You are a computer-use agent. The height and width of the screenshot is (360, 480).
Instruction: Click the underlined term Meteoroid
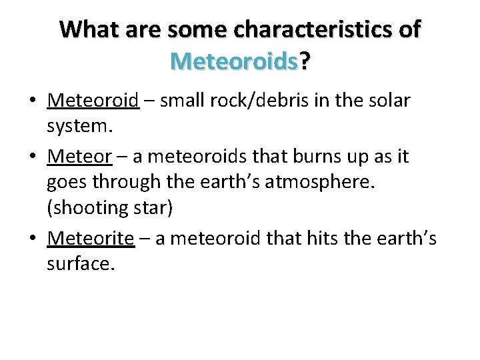(x=93, y=101)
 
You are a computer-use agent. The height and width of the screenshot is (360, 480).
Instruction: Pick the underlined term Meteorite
(x=91, y=238)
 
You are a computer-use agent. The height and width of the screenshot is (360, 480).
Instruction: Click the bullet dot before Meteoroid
(x=32, y=102)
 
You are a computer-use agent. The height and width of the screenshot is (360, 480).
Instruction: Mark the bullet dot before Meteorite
(x=32, y=239)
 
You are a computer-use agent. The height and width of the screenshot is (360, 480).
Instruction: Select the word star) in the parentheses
(x=154, y=209)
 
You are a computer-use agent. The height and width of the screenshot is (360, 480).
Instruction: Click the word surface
(x=80, y=265)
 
